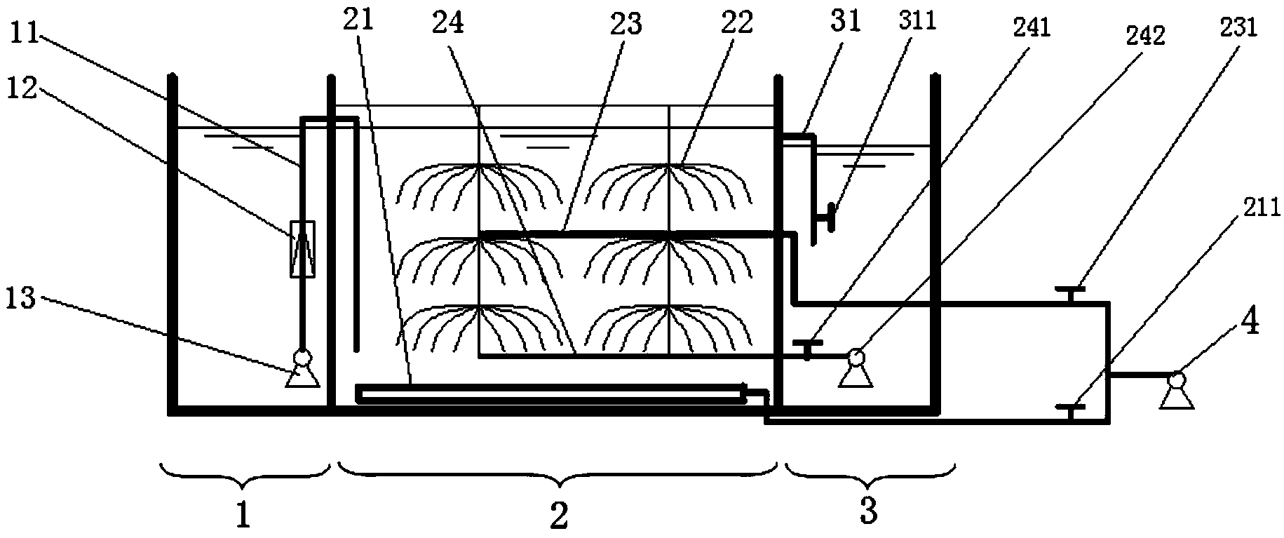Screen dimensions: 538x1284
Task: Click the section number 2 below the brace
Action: click(x=559, y=516)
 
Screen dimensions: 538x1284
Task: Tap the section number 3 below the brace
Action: click(x=869, y=513)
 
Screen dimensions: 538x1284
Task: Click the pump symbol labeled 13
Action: click(x=302, y=370)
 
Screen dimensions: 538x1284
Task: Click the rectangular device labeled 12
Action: click(x=302, y=249)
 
